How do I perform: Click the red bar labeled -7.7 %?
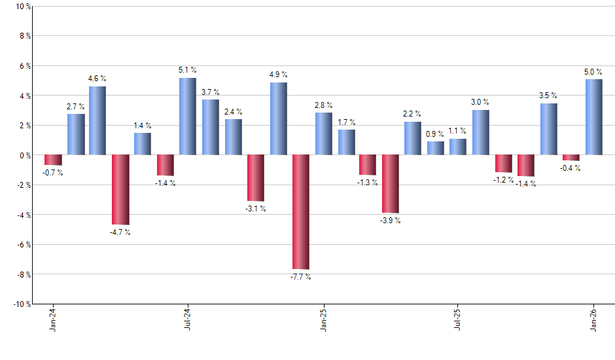tap(301, 212)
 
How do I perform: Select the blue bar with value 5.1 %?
tap(188, 117)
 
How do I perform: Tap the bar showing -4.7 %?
tap(120, 190)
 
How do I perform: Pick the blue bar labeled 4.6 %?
tap(97, 120)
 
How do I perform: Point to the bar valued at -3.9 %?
tap(391, 184)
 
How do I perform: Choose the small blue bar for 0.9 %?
tap(435, 149)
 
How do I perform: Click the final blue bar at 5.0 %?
tap(593, 117)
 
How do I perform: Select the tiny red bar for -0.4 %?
tap(571, 158)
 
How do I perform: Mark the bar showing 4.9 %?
tap(278, 118)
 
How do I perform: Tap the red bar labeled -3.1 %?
tap(256, 178)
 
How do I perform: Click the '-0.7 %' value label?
tap(53, 173)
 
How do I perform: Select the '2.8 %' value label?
tap(323, 105)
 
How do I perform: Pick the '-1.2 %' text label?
tap(504, 180)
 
